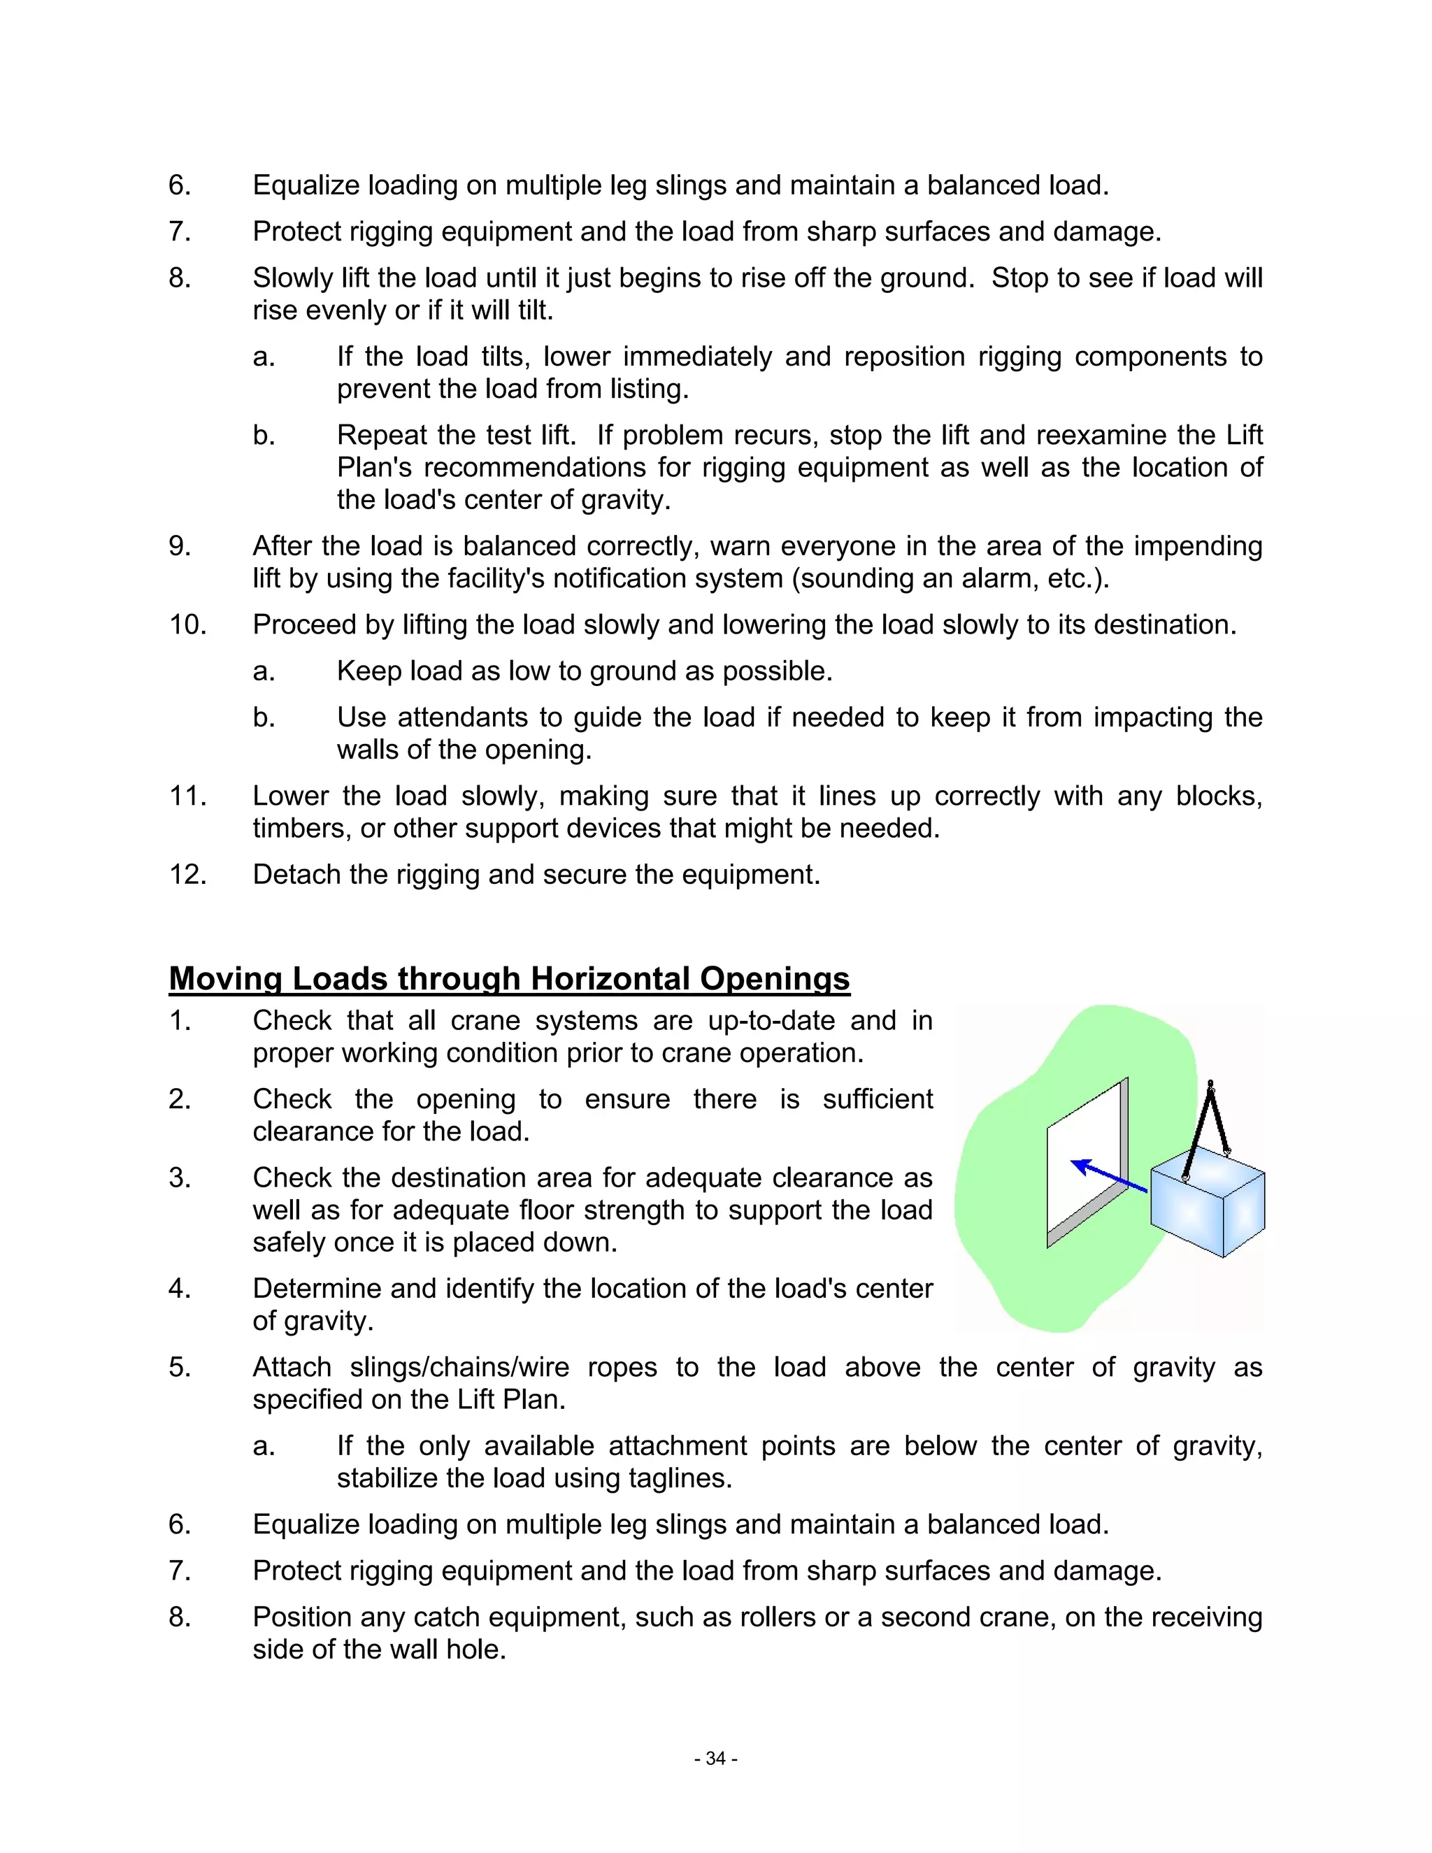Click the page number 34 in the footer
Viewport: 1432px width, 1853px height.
point(715,1759)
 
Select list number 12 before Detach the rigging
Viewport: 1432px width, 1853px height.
point(187,875)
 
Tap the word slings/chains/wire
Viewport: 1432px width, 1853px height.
point(459,1368)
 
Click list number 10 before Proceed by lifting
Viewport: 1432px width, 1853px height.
point(187,625)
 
